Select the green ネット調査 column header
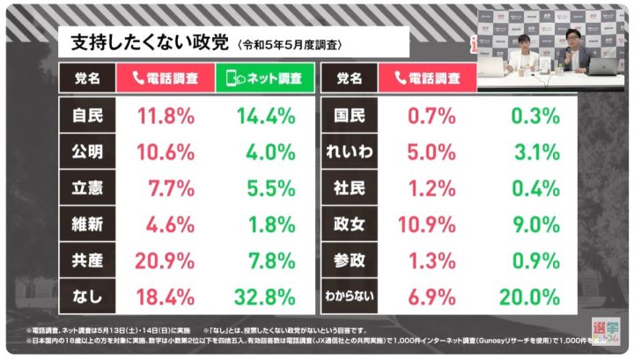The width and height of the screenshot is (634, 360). pyautogui.click(x=264, y=77)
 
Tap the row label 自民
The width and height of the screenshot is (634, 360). pyautogui.click(x=87, y=114)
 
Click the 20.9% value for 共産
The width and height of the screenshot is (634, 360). pyautogui.click(x=165, y=261)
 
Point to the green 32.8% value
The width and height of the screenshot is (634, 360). pyautogui.click(x=264, y=298)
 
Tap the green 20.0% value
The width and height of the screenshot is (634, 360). pyautogui.click(x=527, y=298)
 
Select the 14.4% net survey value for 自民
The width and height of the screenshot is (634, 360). pyautogui.click(x=264, y=114)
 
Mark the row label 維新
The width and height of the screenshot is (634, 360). pyautogui.click(x=87, y=224)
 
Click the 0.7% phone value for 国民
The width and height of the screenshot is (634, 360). pyautogui.click(x=431, y=114)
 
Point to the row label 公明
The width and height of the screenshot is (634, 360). pyautogui.click(x=87, y=151)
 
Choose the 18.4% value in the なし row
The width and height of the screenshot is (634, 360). pyautogui.click(x=165, y=298)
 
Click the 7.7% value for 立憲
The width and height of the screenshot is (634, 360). pyautogui.click(x=165, y=187)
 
